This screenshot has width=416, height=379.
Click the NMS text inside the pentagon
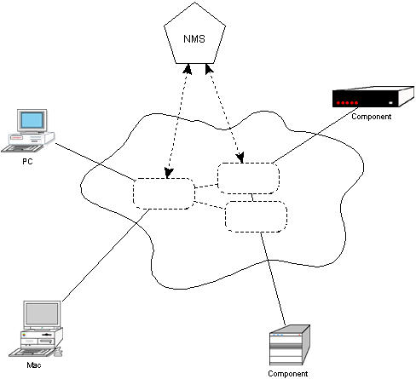click(194, 39)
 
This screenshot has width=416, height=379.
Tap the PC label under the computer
click(27, 161)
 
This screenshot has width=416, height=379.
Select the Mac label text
click(34, 365)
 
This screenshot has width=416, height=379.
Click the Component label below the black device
click(372, 117)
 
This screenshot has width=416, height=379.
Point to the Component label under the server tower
click(288, 374)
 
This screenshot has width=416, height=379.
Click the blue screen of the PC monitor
click(32, 120)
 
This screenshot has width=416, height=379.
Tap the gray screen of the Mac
click(42, 314)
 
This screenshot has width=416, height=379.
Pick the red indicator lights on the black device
click(347, 103)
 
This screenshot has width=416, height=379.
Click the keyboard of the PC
click(22, 148)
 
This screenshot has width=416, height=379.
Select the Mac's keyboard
click(32, 353)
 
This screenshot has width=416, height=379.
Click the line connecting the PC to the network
click(95, 162)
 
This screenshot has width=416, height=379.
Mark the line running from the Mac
click(106, 256)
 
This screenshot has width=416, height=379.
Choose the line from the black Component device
click(315, 135)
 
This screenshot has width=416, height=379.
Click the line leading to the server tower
click(273, 279)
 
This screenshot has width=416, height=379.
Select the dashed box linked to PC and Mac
click(164, 194)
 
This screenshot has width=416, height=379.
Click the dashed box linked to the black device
click(248, 179)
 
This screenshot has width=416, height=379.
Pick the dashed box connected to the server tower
click(256, 216)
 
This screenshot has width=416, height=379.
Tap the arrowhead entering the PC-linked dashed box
click(169, 173)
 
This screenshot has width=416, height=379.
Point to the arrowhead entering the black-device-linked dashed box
click(240, 158)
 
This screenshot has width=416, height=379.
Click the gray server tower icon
click(290, 345)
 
